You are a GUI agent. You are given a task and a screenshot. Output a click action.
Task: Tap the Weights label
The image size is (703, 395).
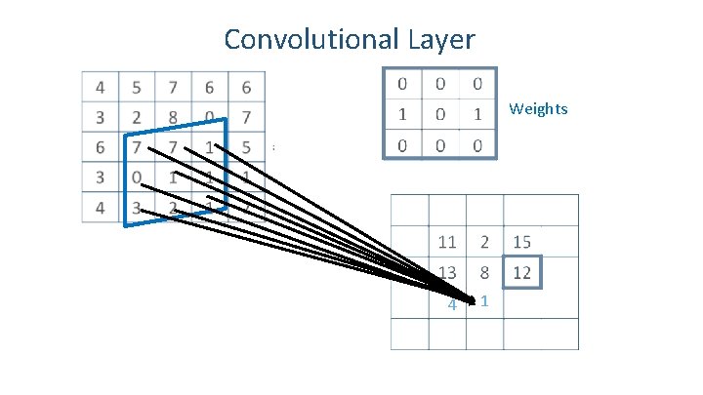538,108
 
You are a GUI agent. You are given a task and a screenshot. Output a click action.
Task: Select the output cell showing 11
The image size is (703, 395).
447,242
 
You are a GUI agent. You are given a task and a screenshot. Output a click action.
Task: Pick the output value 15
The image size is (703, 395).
521,242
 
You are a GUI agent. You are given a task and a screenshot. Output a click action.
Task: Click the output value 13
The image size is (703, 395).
447,272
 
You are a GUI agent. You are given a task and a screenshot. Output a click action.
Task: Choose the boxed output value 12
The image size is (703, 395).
521,272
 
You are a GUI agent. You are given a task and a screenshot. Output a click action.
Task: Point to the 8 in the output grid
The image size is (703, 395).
484,272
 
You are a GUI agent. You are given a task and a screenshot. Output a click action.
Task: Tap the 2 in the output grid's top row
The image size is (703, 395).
484,242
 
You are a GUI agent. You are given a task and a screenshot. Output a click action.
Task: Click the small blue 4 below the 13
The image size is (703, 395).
451,305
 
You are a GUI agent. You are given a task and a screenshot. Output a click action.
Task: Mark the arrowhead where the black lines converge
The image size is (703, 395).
473,299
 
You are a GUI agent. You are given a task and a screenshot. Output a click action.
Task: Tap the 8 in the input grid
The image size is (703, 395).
173,118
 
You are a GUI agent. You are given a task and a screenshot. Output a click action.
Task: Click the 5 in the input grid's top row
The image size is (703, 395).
137,88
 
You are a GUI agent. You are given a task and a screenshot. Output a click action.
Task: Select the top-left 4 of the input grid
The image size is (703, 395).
101,88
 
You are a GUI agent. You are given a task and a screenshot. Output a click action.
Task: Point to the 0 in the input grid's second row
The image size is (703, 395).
209,118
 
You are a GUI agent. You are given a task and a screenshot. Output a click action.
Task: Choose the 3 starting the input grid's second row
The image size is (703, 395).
101,118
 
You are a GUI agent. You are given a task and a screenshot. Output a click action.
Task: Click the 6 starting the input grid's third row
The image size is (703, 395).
101,148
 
